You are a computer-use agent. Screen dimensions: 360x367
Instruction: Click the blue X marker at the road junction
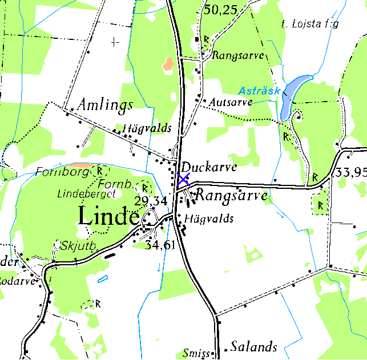point(183,179)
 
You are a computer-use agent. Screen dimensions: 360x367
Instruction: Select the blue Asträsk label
point(260,91)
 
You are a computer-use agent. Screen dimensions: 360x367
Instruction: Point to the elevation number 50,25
point(221,9)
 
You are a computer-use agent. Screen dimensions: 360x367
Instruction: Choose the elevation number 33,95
point(351,172)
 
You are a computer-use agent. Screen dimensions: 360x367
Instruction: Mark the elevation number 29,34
point(151,201)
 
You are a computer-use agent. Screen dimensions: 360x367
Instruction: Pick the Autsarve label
point(231,102)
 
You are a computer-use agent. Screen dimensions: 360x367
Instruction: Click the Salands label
point(254,346)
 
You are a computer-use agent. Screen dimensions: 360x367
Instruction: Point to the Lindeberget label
point(86,194)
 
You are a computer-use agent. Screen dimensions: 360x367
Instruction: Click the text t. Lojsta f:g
point(310,24)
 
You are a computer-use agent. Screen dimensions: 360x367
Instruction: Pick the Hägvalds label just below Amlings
point(147,128)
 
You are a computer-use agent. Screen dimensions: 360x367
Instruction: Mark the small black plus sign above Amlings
point(116,42)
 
